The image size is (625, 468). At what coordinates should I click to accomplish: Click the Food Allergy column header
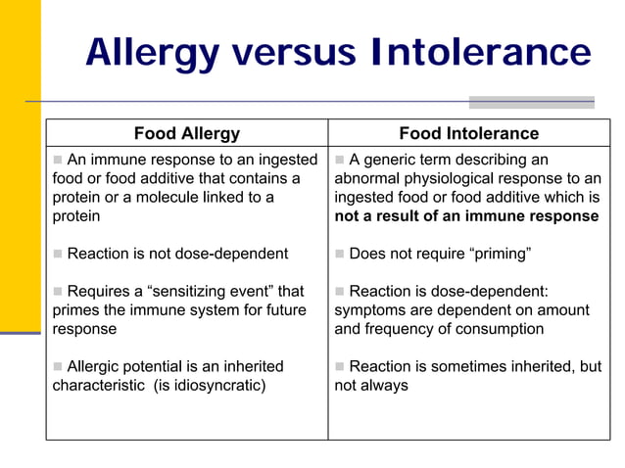[186, 133]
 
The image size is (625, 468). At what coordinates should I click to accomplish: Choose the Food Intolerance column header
[468, 133]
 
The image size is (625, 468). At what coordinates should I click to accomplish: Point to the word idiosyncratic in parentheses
[216, 385]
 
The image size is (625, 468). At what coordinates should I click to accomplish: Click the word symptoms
[370, 309]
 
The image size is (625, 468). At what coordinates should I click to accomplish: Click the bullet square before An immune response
[58, 160]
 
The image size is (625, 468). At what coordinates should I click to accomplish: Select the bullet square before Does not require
[340, 254]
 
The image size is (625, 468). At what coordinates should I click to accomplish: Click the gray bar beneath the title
[531, 102]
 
